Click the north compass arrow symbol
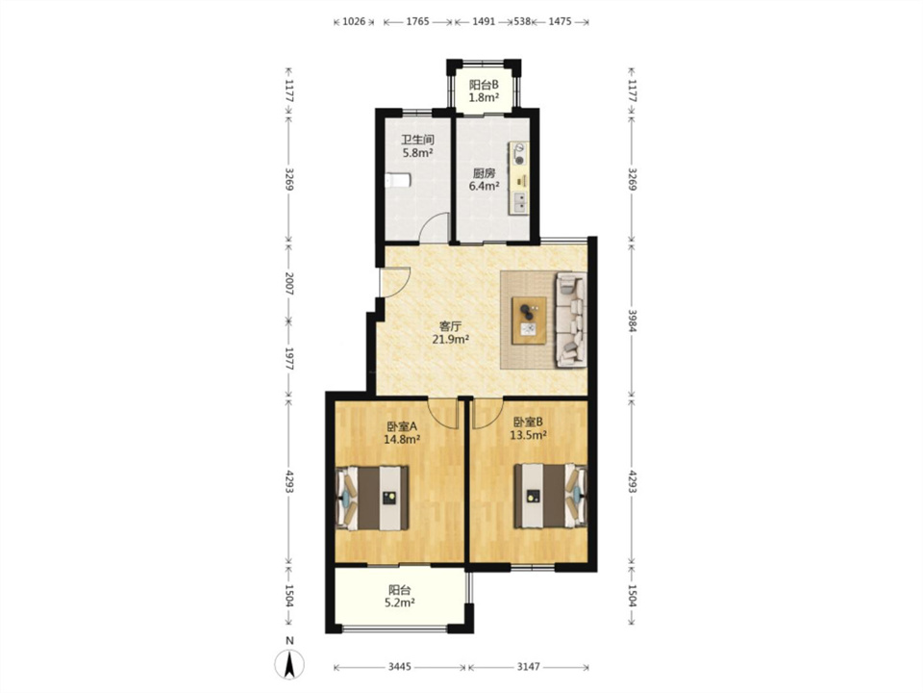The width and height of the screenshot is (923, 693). point(289,665)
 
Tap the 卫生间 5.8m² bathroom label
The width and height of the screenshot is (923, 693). point(418,146)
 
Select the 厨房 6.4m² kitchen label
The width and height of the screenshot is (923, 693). point(484,180)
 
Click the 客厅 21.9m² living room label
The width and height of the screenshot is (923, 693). point(451,332)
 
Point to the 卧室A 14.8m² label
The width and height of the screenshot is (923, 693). point(402,432)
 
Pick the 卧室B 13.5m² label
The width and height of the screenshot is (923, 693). point(528,428)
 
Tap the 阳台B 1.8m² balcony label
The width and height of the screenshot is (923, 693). point(484,90)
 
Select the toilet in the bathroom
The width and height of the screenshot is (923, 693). point(397,180)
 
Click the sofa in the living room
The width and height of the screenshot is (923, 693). point(571,320)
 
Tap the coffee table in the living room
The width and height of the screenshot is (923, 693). point(529,321)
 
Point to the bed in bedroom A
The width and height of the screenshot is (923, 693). point(373,498)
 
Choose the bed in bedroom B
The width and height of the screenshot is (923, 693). point(550,497)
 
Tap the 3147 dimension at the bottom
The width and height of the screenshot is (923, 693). point(529,666)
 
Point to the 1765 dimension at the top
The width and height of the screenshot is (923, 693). point(418,21)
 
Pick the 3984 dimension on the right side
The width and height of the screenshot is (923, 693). point(632,321)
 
